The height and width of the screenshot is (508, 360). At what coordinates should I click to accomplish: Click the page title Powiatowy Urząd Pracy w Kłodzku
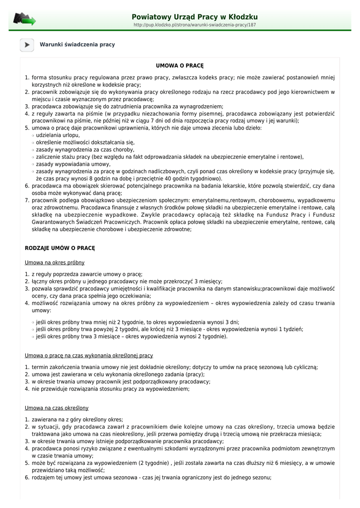195,17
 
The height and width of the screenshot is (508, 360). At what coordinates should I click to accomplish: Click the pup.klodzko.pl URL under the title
195,25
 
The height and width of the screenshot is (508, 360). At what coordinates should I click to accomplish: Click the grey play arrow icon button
27,45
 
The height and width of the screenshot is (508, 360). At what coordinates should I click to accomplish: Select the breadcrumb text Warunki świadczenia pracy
77,45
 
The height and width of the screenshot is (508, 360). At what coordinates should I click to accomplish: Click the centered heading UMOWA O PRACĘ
180,65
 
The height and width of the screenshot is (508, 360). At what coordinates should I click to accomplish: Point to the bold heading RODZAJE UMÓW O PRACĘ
60,248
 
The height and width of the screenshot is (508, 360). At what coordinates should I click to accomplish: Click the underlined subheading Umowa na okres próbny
55,262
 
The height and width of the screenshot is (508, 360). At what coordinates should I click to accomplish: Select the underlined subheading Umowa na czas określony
57,408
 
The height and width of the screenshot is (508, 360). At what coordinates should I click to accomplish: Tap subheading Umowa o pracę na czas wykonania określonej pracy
89,356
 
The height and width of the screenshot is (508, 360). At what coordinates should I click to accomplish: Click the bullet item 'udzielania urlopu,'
58,135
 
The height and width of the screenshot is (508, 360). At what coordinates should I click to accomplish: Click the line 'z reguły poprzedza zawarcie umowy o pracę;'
87,274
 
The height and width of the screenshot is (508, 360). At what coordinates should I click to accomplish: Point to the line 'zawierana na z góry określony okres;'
77,420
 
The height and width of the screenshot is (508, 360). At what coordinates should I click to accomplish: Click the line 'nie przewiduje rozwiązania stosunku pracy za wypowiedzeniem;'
110,389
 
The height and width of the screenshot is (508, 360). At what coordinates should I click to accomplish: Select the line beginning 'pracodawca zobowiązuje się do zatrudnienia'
121,106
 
